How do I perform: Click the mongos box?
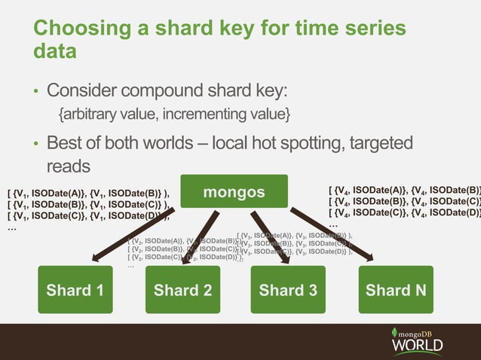[234, 191]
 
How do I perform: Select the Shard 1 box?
[75, 289]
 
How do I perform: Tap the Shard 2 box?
[182, 289]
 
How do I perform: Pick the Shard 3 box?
[289, 289]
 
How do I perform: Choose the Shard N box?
[396, 289]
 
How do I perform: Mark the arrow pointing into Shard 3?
[268, 237]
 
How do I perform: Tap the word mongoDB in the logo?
[421, 331]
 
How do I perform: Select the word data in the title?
[54, 52]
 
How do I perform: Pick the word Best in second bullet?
[66, 142]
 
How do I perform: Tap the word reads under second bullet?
[69, 164]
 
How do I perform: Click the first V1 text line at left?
[87, 192]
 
